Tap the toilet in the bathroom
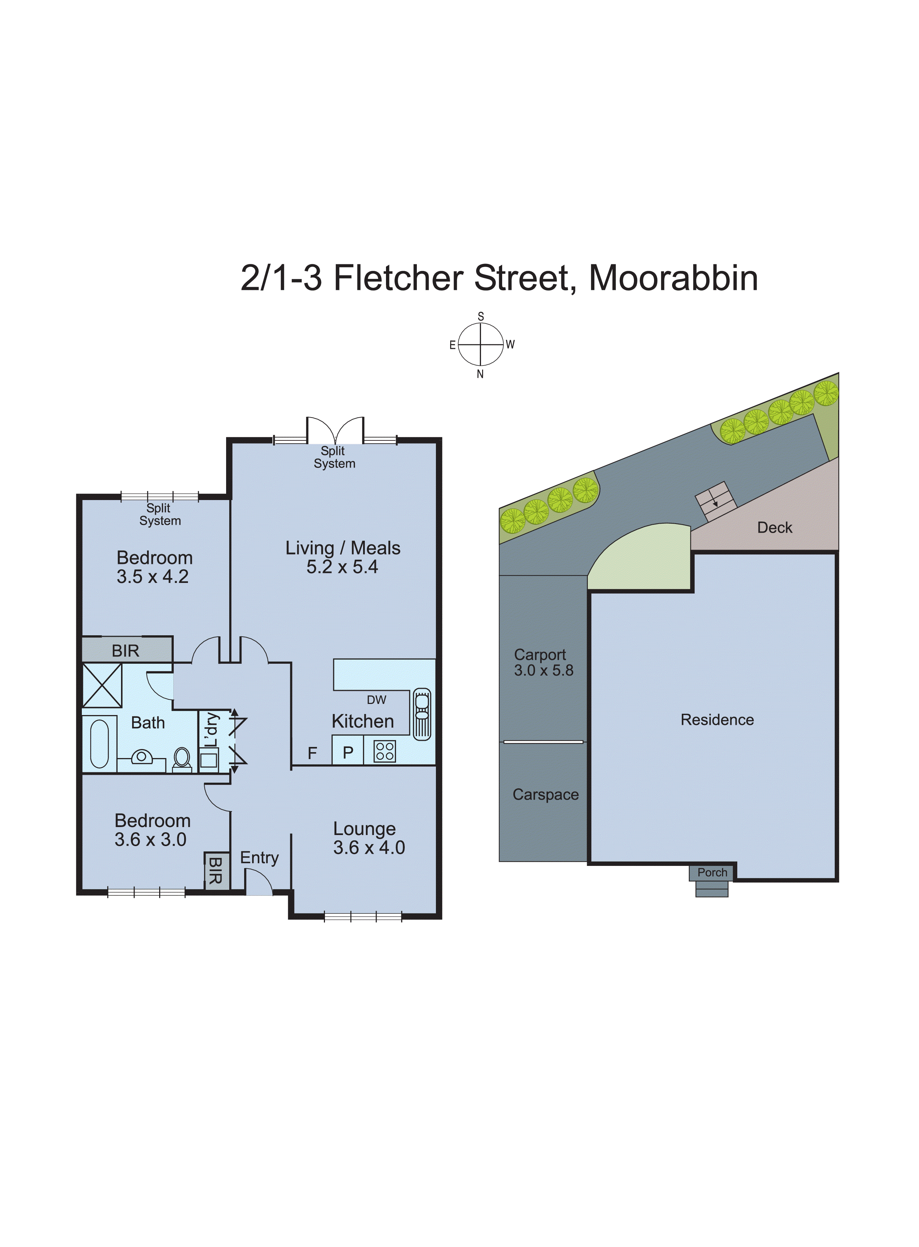182,758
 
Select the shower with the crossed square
102,686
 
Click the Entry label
259,858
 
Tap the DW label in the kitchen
377,700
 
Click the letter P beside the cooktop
348,752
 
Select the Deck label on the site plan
774,527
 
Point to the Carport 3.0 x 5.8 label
543,662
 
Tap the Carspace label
545,794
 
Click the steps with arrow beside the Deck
716,501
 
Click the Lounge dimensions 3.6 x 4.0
369,848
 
